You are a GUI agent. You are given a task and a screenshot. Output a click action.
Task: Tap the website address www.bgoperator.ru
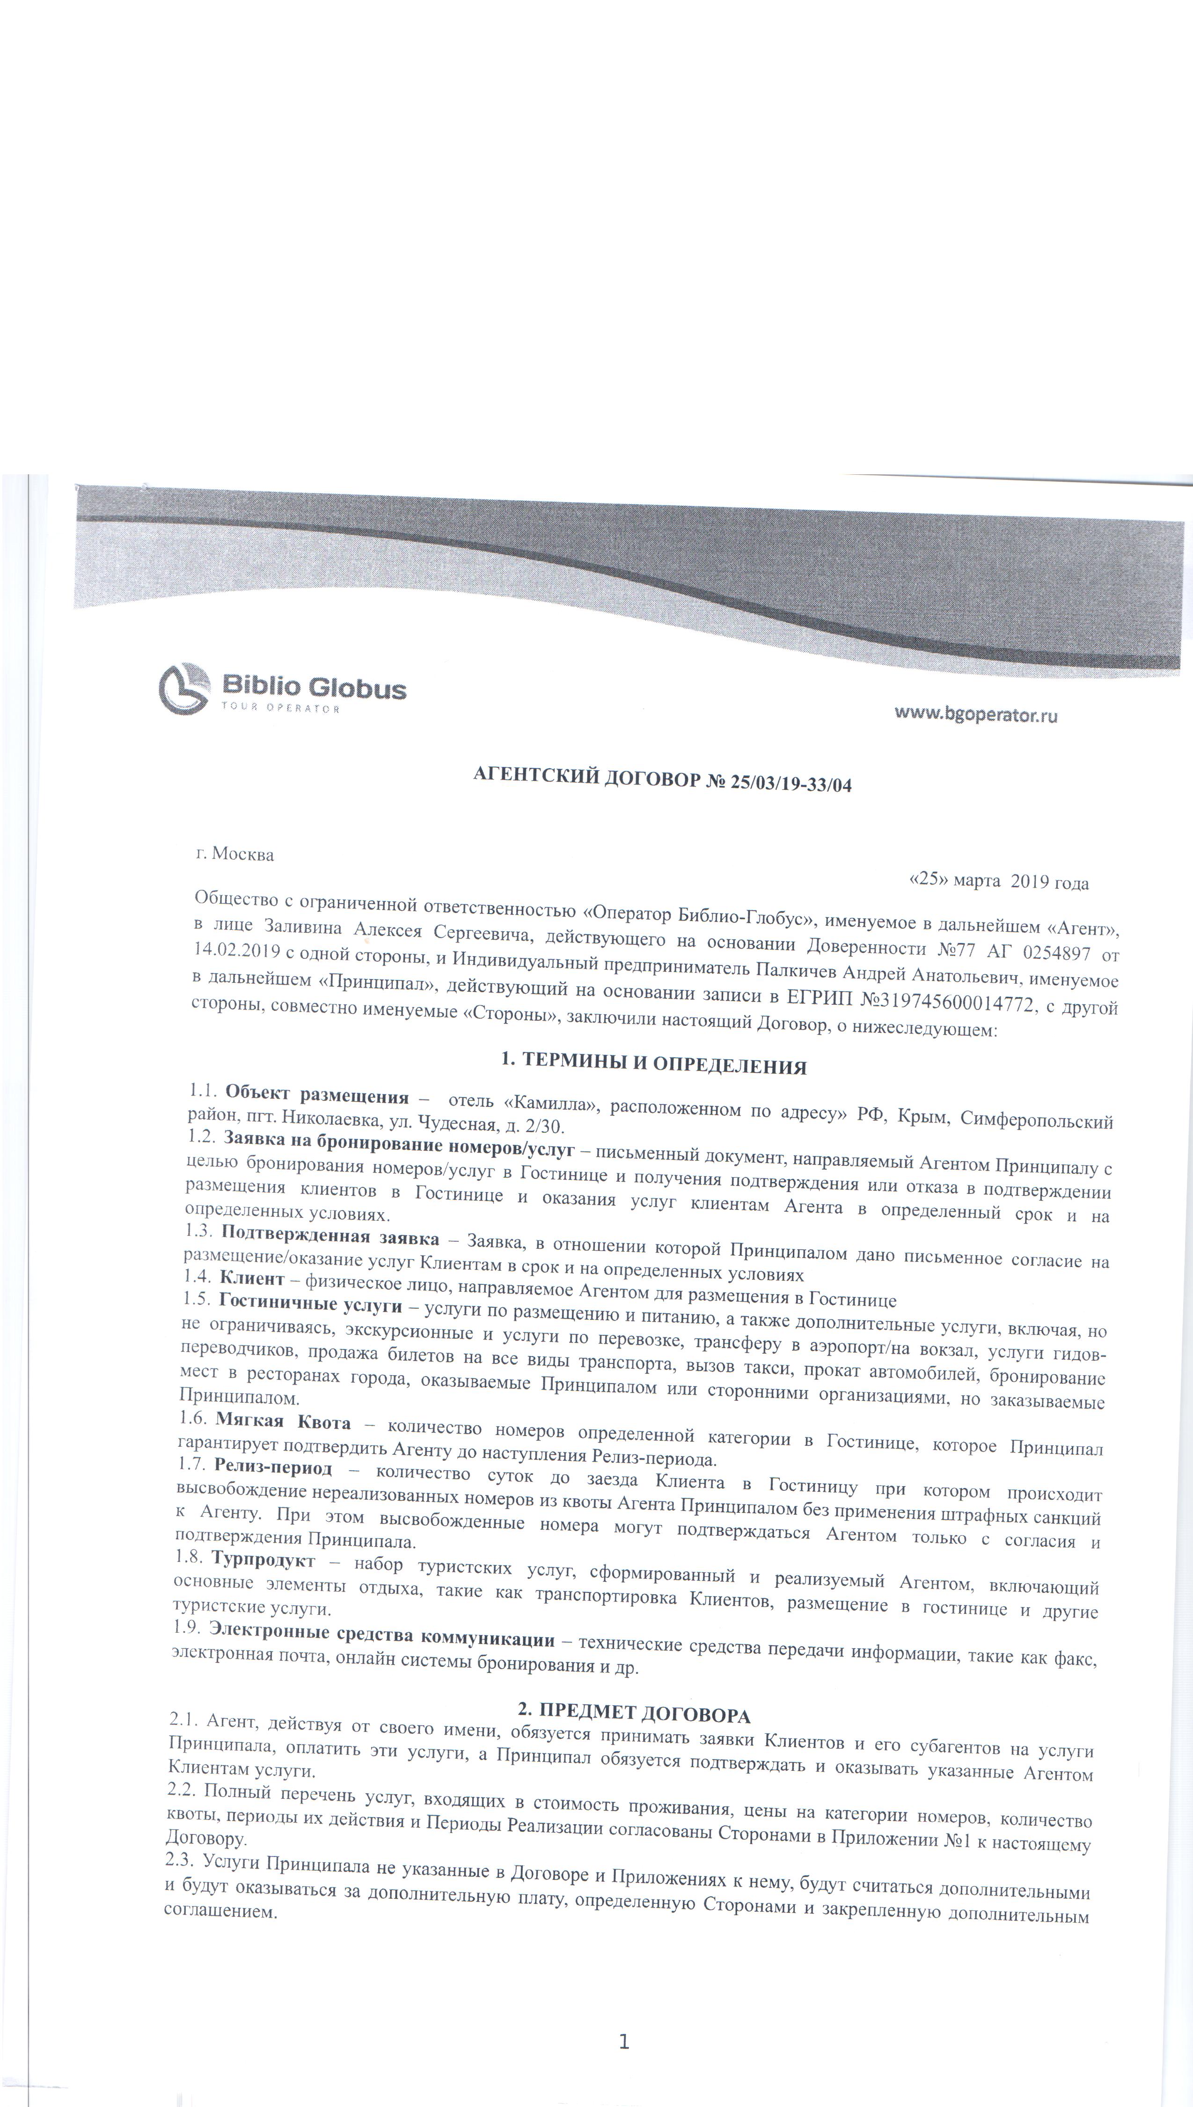pyautogui.click(x=975, y=715)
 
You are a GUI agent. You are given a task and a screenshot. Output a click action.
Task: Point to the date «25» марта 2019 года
pyautogui.click(x=999, y=883)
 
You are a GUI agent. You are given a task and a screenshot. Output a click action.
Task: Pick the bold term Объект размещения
pyautogui.click(x=317, y=1095)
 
